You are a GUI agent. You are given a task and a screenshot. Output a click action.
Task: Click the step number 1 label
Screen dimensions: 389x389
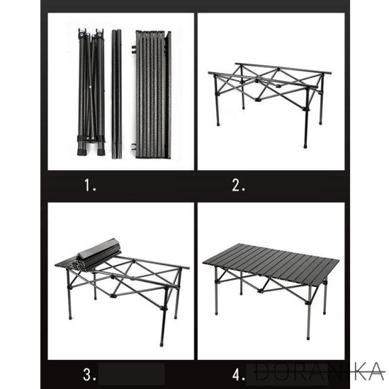click(x=90, y=185)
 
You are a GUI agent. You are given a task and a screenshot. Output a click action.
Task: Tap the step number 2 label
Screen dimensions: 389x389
click(x=238, y=185)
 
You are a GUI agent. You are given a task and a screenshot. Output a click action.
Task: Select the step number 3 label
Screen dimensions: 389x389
click(x=89, y=374)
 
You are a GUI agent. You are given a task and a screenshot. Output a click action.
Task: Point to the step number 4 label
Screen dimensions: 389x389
click(x=238, y=374)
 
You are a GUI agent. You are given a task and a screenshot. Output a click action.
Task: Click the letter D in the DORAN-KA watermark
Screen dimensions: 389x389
click(x=263, y=371)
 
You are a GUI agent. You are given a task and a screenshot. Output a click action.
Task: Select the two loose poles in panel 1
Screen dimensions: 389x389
click(x=116, y=94)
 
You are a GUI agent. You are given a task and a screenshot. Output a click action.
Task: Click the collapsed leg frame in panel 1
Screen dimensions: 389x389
click(x=91, y=92)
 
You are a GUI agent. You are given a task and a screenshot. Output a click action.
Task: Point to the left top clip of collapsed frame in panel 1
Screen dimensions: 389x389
click(x=82, y=33)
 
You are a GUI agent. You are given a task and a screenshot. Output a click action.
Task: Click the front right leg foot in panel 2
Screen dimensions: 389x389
click(x=305, y=146)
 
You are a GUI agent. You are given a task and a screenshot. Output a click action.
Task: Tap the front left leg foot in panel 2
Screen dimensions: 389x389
click(x=218, y=124)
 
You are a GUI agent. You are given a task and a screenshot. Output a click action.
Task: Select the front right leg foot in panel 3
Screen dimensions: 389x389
click(x=162, y=343)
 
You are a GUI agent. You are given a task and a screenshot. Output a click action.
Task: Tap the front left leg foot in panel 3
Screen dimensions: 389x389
click(x=71, y=317)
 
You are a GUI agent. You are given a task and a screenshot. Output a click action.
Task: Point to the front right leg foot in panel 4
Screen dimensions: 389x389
click(x=308, y=337)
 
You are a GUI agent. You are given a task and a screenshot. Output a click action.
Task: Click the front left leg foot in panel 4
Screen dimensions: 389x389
click(x=216, y=313)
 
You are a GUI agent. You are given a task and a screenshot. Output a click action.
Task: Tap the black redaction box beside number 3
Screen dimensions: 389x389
click(x=131, y=374)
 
